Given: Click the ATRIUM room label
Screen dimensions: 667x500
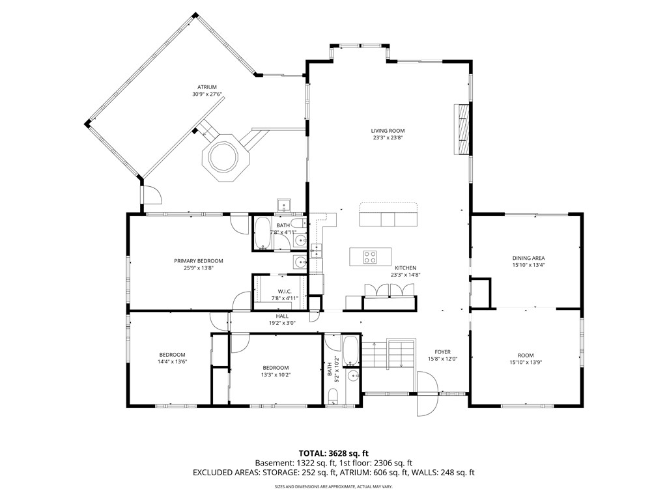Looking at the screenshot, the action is pyautogui.click(x=206, y=87).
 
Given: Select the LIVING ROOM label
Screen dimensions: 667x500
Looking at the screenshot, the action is pyautogui.click(x=388, y=131).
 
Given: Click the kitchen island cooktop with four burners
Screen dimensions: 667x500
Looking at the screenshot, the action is pyautogui.click(x=370, y=257).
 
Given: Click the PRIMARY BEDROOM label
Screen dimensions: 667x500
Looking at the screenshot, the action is pyautogui.click(x=198, y=261).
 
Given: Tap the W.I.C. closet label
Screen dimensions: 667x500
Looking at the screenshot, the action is pyautogui.click(x=285, y=291).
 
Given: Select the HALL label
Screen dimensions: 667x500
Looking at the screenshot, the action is pyautogui.click(x=282, y=316).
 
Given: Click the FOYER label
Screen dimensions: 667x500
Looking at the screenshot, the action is pyautogui.click(x=442, y=352).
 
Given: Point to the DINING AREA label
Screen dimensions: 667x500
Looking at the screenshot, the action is pyautogui.click(x=528, y=258).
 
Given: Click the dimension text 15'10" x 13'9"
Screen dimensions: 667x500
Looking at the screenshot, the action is pyautogui.click(x=526, y=363).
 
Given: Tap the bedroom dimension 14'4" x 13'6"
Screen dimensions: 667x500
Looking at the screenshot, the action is pyautogui.click(x=172, y=362).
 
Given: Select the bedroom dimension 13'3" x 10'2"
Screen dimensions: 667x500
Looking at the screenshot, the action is pyautogui.click(x=276, y=375).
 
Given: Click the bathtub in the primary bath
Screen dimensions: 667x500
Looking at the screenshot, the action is pyautogui.click(x=263, y=233).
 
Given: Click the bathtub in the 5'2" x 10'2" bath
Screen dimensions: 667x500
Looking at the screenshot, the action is pyautogui.click(x=351, y=351).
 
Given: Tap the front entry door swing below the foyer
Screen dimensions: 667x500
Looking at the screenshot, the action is pyautogui.click(x=427, y=394).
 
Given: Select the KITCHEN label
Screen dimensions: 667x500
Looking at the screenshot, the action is pyautogui.click(x=405, y=268).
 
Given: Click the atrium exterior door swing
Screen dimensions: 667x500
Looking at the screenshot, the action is pyautogui.click(x=151, y=195).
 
